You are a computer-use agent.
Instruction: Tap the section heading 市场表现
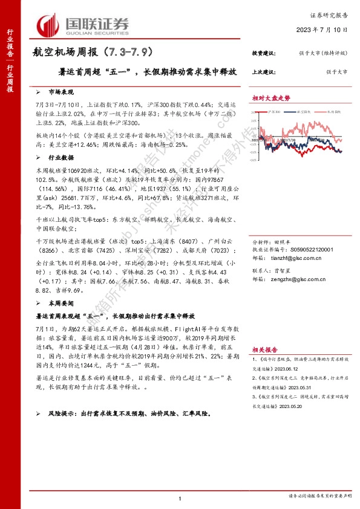pos(61,92)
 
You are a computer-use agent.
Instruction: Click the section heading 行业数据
pos(61,156)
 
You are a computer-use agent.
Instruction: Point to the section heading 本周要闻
pos(61,303)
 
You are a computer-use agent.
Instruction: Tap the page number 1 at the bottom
pos(180,498)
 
